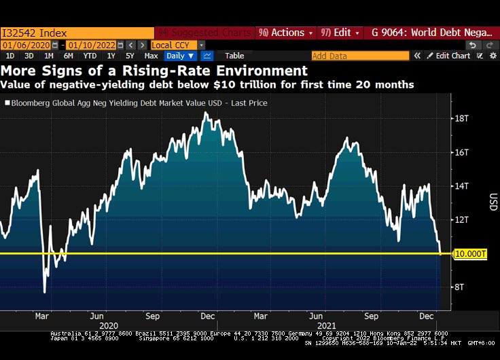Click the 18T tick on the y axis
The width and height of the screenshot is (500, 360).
(x=462, y=118)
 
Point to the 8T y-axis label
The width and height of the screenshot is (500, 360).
(x=461, y=287)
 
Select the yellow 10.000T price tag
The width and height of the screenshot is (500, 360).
(x=470, y=253)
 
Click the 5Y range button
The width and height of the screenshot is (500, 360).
(x=130, y=56)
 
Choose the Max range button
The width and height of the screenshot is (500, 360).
(x=151, y=56)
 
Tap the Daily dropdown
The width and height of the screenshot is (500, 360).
(x=180, y=56)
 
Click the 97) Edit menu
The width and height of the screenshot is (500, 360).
(x=337, y=33)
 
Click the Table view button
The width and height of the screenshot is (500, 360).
(x=234, y=56)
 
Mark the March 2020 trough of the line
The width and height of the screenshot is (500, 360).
(x=45, y=292)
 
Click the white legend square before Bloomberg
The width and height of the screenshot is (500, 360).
(x=7, y=103)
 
